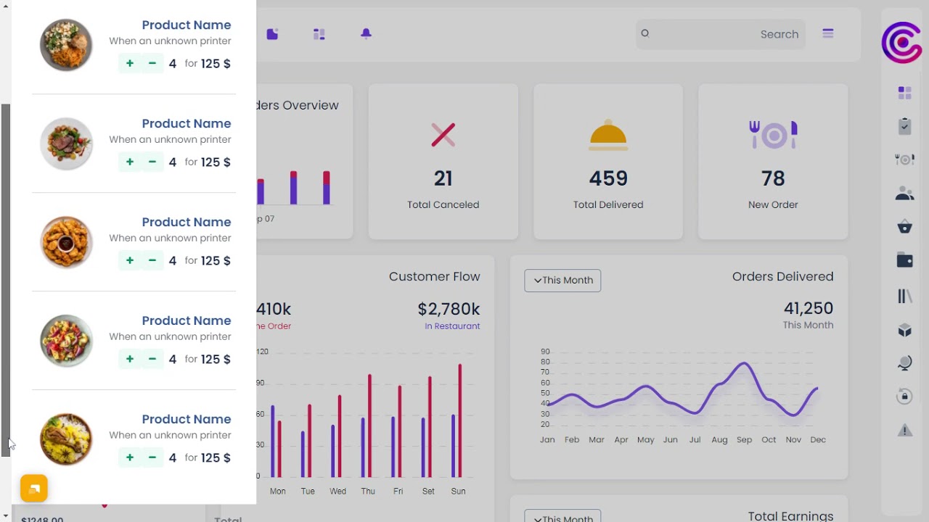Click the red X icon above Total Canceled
coord(443,135)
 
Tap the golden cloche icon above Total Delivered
coord(608,136)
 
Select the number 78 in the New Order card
coord(773,178)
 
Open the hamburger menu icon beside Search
coord(828,33)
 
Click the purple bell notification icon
coord(366,34)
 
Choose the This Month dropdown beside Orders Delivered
coord(562,281)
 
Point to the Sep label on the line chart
coord(744,439)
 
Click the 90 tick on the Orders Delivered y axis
coord(545,352)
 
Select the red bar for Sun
coord(460,420)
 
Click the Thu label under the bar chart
coord(368,491)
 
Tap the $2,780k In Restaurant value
coord(449,310)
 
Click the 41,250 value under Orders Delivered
coord(808,309)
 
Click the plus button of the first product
coord(130,64)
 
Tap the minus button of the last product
coord(152,457)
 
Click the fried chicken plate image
coord(66,242)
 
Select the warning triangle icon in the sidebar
coord(904,431)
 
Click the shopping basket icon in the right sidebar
coord(904,228)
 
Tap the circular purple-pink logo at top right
coord(901,43)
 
